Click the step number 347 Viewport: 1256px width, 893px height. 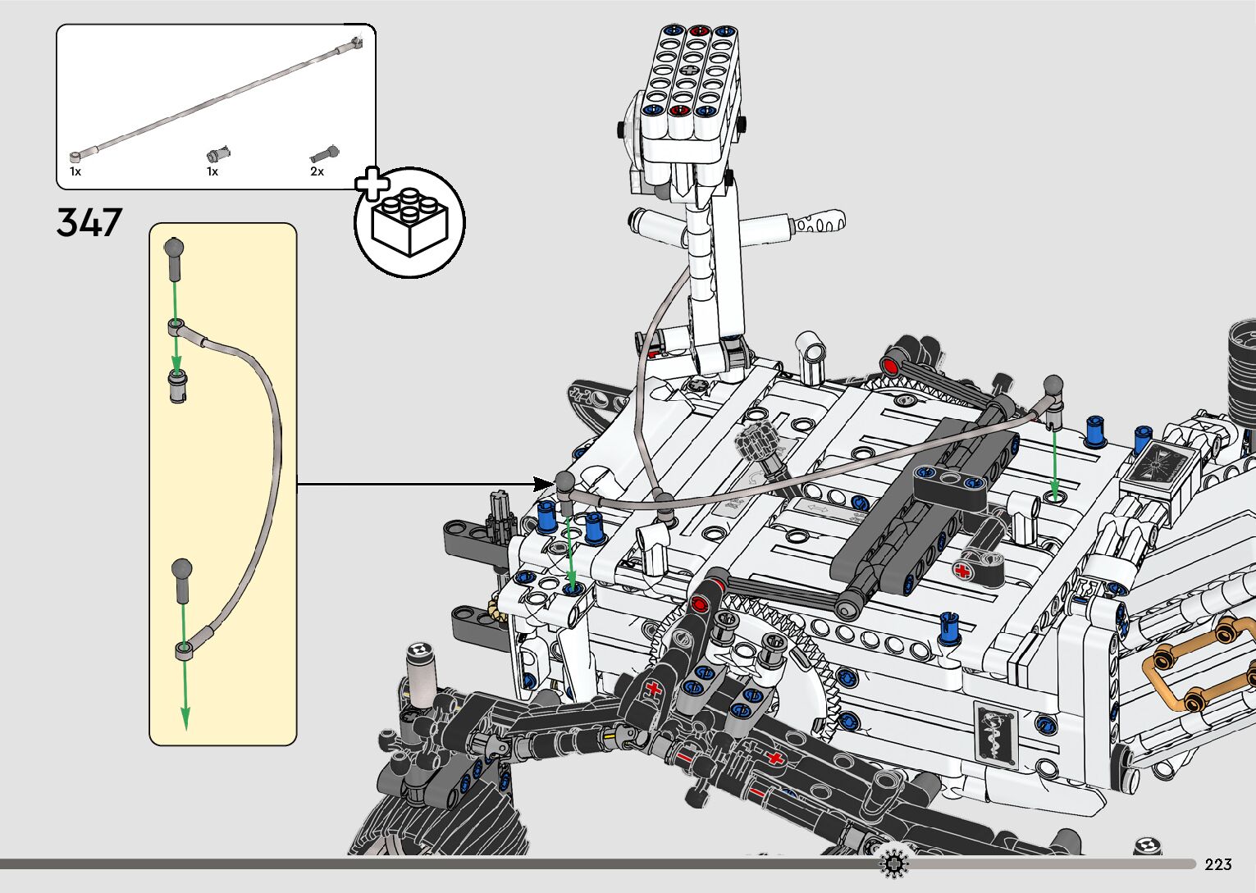tap(89, 222)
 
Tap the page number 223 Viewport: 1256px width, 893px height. tap(1218, 864)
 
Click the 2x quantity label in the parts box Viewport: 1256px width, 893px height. tap(317, 171)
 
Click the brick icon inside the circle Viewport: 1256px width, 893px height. tap(409, 222)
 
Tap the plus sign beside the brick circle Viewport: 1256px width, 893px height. tap(372, 184)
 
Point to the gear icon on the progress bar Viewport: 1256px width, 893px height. tap(893, 863)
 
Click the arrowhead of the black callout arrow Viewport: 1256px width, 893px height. tap(541, 484)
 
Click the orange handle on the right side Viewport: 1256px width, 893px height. tap(1198, 664)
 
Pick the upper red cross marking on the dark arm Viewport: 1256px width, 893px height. tap(654, 687)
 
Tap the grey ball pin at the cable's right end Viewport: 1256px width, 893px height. tap(1053, 385)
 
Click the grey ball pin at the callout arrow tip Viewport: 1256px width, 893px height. tap(565, 483)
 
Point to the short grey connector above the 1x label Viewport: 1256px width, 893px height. tap(218, 153)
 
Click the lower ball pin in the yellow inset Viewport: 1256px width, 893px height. tap(182, 571)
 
